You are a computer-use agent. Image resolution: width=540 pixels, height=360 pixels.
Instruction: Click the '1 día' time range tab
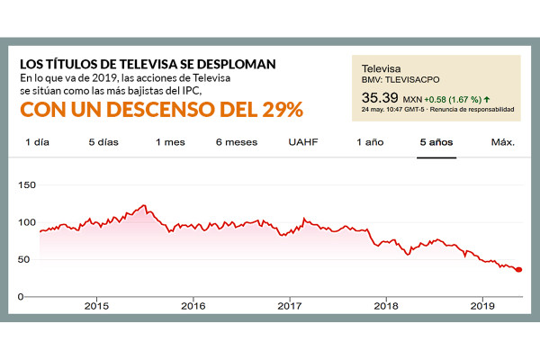pos(37,142)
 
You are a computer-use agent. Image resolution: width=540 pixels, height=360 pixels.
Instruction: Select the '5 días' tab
pos(103,142)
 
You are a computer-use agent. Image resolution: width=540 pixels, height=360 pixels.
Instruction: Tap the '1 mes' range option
pos(170,142)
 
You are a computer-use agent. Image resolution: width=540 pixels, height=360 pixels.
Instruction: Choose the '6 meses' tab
pos(236,142)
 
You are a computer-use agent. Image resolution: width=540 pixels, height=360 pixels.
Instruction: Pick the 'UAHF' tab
pos(303,142)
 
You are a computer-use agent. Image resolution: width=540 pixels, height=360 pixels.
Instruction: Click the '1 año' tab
pos(370,142)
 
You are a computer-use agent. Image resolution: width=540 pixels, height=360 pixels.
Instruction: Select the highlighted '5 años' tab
pos(436,142)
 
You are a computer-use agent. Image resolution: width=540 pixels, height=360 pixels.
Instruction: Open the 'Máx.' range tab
pos(502,142)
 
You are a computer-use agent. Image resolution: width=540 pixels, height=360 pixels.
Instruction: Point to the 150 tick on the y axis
pos(27,184)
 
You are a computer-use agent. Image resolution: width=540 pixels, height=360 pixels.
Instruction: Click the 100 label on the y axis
pos(27,222)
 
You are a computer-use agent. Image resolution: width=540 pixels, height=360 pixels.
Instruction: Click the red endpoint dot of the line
pos(518,270)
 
